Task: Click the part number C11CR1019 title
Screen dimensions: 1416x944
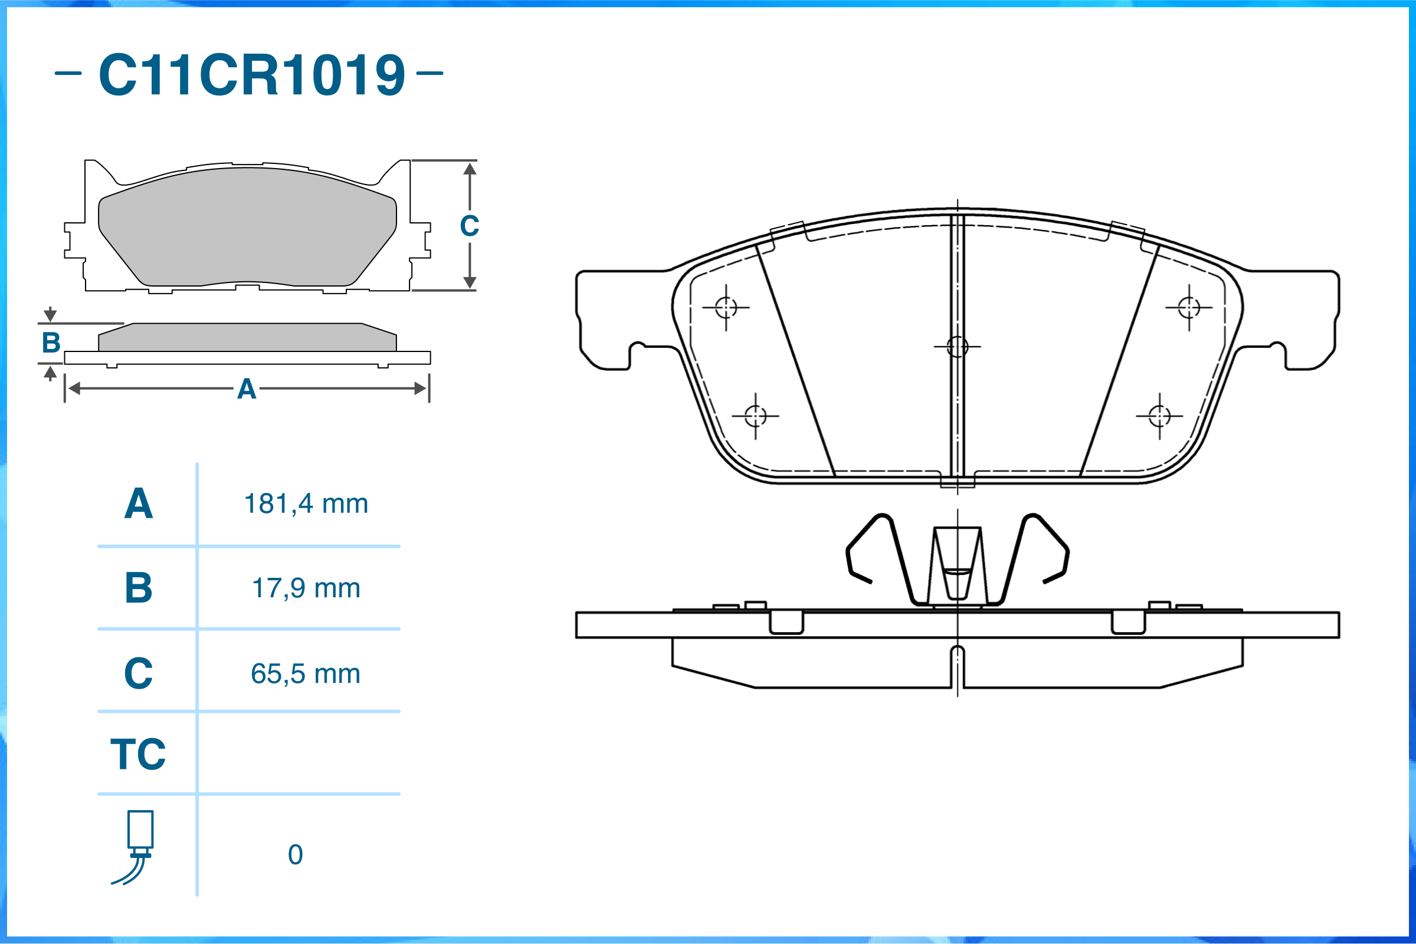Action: point(251,75)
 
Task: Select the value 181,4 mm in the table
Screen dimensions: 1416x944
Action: point(306,504)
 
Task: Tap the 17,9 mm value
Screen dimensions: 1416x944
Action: point(306,588)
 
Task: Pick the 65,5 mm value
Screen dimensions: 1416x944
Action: point(306,674)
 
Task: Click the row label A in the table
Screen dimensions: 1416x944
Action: point(139,504)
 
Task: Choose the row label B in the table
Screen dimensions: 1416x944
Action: point(139,588)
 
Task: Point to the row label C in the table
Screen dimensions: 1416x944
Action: point(139,674)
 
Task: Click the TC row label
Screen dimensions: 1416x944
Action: point(138,754)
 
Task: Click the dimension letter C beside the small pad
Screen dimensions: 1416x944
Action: point(470,226)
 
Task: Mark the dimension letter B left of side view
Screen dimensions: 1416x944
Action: point(51,343)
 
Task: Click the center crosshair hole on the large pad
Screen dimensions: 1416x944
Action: point(958,347)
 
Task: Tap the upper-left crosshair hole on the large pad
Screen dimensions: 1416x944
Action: point(726,308)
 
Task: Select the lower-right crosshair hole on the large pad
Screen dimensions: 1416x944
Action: point(1159,416)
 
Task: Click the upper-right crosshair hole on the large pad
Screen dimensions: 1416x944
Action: point(1189,308)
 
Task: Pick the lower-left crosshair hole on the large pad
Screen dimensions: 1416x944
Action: point(755,416)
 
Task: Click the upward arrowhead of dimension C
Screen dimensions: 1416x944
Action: point(470,169)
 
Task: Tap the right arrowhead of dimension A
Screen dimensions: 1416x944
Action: point(421,389)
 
